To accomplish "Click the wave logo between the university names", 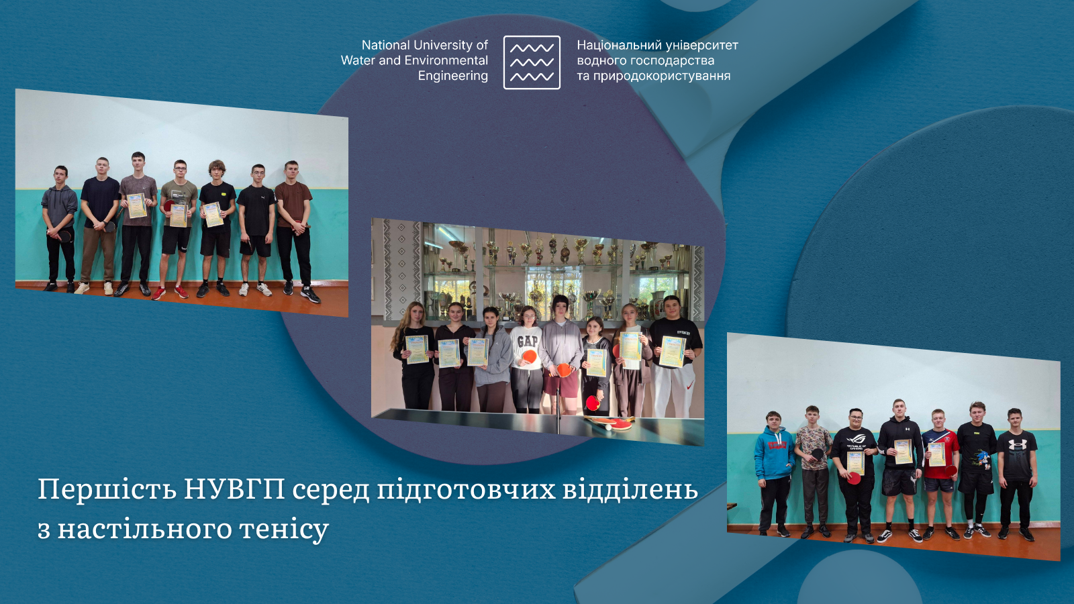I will (532, 62).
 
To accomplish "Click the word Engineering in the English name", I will (453, 76).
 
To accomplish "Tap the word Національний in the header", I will (613, 45).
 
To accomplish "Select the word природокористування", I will (662, 76).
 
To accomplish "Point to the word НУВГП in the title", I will (234, 489).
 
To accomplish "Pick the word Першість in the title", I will (107, 489).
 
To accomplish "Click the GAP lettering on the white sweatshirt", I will (528, 341).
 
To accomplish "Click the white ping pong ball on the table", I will (609, 426).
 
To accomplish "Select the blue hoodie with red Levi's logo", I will (775, 452).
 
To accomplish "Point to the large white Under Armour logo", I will (1017, 444).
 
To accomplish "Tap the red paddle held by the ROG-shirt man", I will (854, 478).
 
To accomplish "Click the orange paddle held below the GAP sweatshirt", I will (530, 357).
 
